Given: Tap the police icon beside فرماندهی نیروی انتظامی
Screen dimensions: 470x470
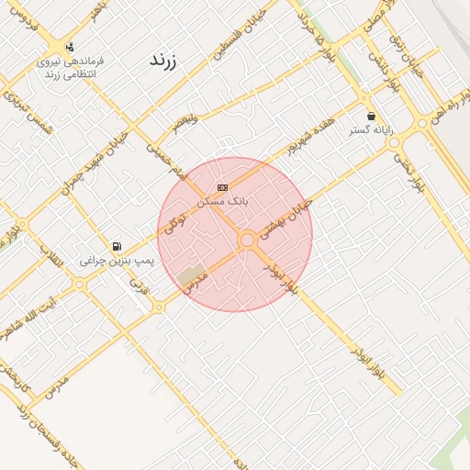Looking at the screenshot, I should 71,47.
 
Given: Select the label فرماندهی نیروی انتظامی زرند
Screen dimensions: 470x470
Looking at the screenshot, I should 72,67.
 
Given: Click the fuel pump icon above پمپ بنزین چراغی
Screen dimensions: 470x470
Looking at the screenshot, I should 117,246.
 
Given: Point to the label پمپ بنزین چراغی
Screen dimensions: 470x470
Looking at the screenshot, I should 117,261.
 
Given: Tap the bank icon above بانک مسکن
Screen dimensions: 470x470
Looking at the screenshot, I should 222,186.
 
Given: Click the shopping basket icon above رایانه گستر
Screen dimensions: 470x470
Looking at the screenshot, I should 371,117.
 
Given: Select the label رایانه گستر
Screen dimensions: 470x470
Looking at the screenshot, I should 371,130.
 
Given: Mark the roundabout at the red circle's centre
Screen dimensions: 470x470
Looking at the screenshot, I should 246,240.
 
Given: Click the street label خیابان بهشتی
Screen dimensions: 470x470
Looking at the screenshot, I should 285,220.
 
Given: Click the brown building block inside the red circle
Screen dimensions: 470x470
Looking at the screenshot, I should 192,274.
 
